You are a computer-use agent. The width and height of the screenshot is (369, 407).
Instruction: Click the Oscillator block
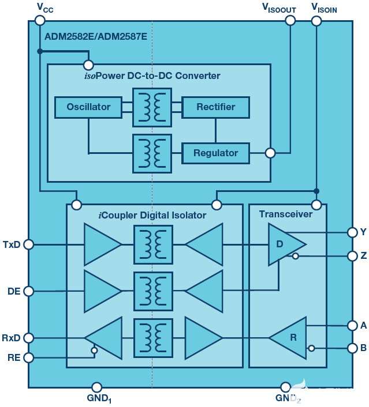point(88,107)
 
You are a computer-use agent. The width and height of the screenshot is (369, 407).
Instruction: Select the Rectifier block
point(215,107)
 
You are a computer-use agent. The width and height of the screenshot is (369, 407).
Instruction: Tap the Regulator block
point(215,153)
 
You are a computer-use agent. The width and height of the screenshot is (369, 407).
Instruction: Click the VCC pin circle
point(39,20)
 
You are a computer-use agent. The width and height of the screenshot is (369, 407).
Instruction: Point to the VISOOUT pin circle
point(290,20)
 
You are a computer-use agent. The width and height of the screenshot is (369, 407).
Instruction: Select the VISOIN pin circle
point(316,20)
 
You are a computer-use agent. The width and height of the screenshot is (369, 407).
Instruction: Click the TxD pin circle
point(28,244)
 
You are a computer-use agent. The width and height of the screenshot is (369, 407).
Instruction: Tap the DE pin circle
point(28,291)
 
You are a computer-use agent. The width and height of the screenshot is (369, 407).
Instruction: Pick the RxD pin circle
point(28,337)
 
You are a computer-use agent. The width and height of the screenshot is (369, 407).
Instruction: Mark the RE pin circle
point(28,357)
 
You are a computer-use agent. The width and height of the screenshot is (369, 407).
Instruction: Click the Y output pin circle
point(352,232)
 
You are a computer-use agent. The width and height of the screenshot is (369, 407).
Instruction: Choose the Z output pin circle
point(352,255)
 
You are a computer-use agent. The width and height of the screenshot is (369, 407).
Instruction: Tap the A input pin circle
point(352,325)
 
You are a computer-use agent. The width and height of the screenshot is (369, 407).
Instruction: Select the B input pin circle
point(352,348)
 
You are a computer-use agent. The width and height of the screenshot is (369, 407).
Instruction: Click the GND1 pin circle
point(97,387)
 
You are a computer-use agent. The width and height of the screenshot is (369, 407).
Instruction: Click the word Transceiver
point(285,214)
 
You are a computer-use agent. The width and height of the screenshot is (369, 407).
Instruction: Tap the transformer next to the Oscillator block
point(152,107)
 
